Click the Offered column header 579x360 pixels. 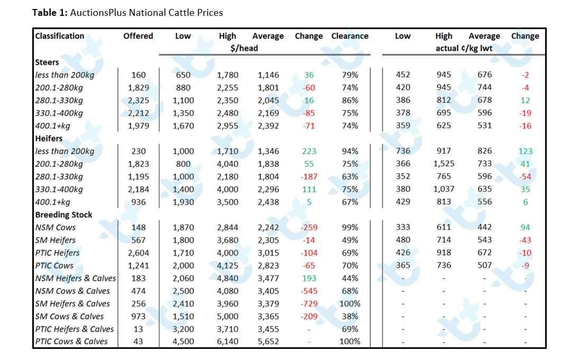138,36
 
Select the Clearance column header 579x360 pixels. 350,36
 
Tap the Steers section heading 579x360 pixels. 47,62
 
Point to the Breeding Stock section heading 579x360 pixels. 63,215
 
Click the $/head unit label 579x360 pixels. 244,49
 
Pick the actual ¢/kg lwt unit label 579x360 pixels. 464,49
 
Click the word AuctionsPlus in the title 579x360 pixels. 97,13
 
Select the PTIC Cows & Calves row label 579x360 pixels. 71,342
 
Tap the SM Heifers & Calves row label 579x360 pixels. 72,304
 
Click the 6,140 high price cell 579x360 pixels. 228,342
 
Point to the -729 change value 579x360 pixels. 309,304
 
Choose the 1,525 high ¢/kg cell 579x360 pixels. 444,164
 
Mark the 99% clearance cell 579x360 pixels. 350,227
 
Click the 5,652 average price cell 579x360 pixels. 268,342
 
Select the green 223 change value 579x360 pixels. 309,151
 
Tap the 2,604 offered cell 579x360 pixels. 138,253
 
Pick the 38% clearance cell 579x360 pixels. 350,317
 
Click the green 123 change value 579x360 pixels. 525,151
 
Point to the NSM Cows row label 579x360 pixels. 55,227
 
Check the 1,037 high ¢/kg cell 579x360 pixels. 444,189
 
